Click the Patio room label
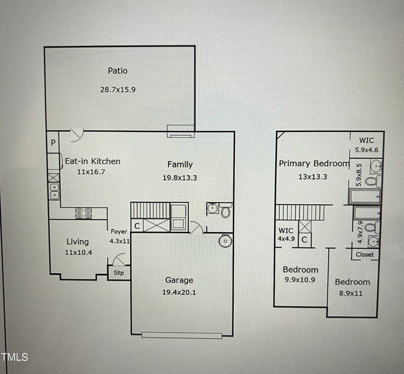pyautogui.click(x=118, y=71)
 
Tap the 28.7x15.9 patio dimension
pyautogui.click(x=118, y=89)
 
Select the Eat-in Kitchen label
pyautogui.click(x=92, y=162)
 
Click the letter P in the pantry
pyautogui.click(x=53, y=143)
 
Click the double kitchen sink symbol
pyautogui.click(x=54, y=190)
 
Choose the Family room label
pyautogui.click(x=180, y=164)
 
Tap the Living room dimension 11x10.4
pyautogui.click(x=78, y=252)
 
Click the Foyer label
pyautogui.click(x=119, y=232)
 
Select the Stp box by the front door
pyautogui.click(x=119, y=273)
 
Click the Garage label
pyautogui.click(x=179, y=280)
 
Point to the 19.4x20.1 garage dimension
pyautogui.click(x=179, y=292)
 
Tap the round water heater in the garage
pyautogui.click(x=225, y=242)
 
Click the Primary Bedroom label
pyautogui.click(x=314, y=164)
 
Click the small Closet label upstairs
pyautogui.click(x=365, y=254)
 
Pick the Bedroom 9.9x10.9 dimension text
pyautogui.click(x=300, y=279)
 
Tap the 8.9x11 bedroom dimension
pyautogui.click(x=352, y=292)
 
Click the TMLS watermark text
pyautogui.click(x=15, y=357)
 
